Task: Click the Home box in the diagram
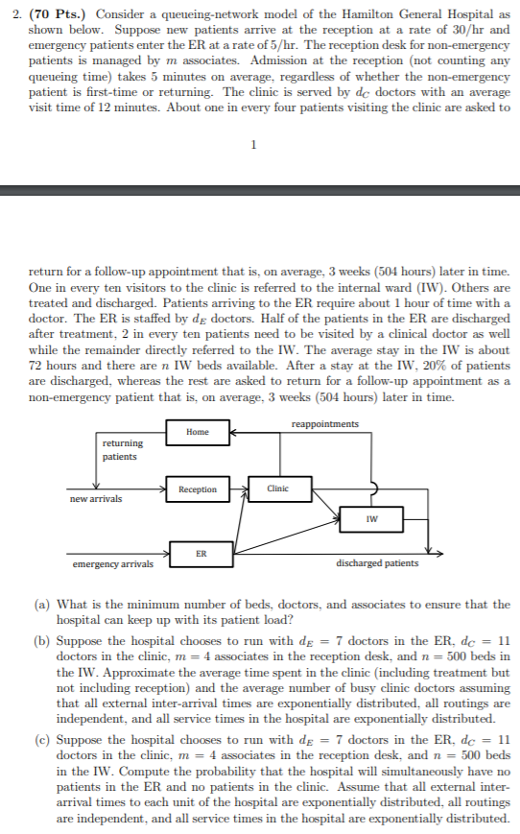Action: coord(198,432)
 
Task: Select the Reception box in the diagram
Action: coord(198,489)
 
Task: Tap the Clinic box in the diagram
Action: coord(278,489)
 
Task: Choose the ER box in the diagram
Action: coord(200,554)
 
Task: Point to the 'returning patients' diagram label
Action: coord(123,450)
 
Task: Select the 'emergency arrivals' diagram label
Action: coord(113,564)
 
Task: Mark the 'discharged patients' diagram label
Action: coord(377,563)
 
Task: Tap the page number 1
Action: coord(252,146)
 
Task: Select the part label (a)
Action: coord(43,605)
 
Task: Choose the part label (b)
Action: coord(43,639)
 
